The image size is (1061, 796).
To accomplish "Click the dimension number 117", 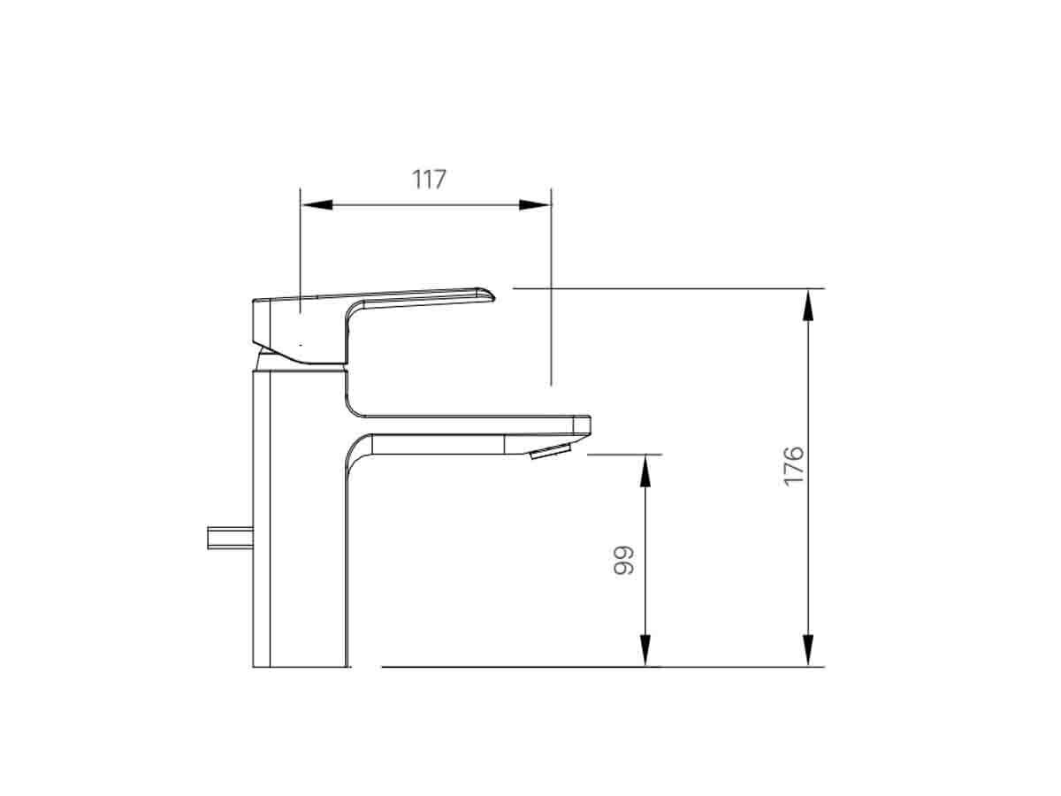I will click(429, 179).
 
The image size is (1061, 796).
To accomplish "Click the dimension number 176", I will click(793, 464).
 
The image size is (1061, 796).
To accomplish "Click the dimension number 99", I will click(624, 560).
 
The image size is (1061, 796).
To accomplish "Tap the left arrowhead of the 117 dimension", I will click(316, 204).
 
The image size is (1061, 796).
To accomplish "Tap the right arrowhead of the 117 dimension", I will click(534, 204).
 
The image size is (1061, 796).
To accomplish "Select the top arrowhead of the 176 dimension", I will click(807, 304).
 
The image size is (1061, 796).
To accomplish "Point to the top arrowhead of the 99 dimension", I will click(645, 471).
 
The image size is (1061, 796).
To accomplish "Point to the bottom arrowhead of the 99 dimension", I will click(645, 650).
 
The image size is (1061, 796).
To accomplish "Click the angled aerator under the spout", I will click(550, 453).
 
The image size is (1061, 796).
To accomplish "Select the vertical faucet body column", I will click(299, 522).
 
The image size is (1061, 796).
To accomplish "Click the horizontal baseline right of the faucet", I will click(530, 666).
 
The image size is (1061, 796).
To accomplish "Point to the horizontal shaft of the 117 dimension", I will click(424, 204).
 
